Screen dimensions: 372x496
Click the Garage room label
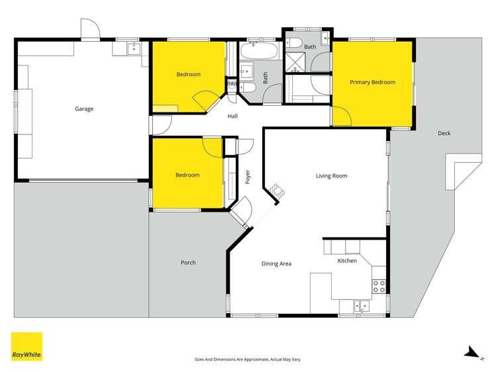(x=84, y=109)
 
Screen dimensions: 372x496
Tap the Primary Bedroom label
(x=372, y=82)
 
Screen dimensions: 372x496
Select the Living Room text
(x=331, y=175)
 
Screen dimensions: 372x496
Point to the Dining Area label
(x=276, y=263)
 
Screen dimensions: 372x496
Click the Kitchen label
(x=347, y=261)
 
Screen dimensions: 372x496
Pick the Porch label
(x=188, y=263)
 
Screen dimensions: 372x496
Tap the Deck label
(x=444, y=133)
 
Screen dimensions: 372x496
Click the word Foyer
(x=247, y=177)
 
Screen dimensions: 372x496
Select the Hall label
(x=232, y=116)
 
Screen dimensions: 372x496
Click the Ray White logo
(x=27, y=346)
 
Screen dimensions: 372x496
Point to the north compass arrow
(x=472, y=352)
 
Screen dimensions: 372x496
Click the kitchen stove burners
(x=379, y=287)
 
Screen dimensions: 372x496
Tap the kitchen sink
(x=360, y=306)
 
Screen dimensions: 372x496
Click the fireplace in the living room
(x=276, y=193)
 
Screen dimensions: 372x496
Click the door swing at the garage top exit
(x=90, y=29)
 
